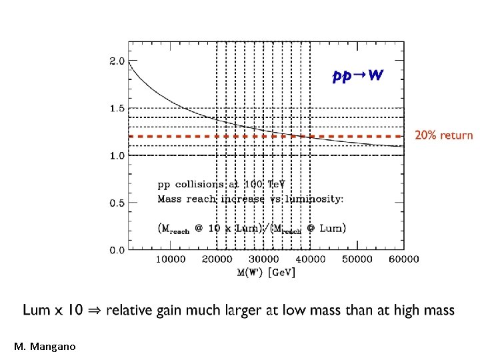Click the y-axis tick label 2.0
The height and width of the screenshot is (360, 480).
(x=117, y=61)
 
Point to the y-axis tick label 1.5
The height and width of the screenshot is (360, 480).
(x=117, y=109)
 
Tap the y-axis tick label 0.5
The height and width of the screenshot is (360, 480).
(x=117, y=203)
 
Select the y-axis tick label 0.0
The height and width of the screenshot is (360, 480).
(x=117, y=251)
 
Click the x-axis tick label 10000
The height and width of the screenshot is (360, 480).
(x=171, y=259)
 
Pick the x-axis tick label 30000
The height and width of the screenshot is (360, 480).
(x=263, y=259)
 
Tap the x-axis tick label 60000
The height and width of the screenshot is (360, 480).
(x=404, y=259)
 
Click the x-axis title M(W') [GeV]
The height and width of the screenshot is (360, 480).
(x=266, y=272)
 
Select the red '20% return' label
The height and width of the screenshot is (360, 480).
(x=444, y=135)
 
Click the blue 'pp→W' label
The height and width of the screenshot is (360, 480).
(x=357, y=75)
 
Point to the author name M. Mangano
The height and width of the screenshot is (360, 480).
(x=45, y=347)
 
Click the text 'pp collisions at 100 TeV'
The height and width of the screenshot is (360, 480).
(x=221, y=185)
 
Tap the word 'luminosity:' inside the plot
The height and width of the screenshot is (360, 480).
(x=315, y=199)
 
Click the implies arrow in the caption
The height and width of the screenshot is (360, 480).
(x=94, y=311)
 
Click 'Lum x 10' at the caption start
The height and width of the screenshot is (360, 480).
(x=53, y=310)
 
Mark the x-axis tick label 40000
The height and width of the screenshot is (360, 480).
(x=311, y=259)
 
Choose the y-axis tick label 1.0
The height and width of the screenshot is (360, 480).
(x=117, y=156)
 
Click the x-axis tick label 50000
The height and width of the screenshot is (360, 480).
(x=357, y=259)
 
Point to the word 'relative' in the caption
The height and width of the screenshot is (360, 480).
(x=129, y=310)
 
